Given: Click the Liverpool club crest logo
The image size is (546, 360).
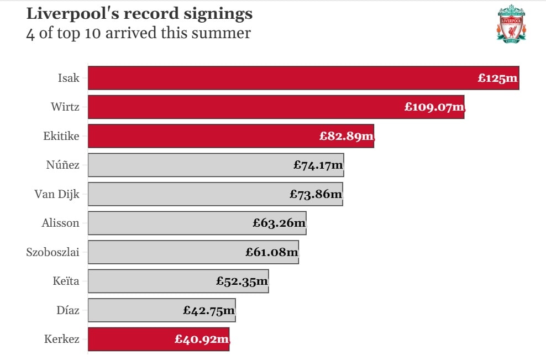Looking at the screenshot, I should pyautogui.click(x=511, y=23).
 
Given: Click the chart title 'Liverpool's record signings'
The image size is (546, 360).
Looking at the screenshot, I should pyautogui.click(x=139, y=14).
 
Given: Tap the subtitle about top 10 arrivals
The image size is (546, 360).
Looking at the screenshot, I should pyautogui.click(x=138, y=33).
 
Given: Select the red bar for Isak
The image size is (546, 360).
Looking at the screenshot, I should pyautogui.click(x=276, y=78).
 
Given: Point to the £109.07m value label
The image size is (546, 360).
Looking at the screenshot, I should pyautogui.click(x=434, y=107).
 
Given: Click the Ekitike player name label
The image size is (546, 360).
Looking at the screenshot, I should pyautogui.click(x=61, y=136).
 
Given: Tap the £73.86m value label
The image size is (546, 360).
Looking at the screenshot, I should pyautogui.click(x=316, y=194).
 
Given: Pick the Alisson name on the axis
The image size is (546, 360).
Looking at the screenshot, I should pyautogui.click(x=60, y=223).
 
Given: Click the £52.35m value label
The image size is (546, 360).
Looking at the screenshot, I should pyautogui.click(x=242, y=281).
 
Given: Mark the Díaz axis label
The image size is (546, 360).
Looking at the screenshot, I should pyautogui.click(x=68, y=310).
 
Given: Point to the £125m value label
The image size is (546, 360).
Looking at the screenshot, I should pyautogui.click(x=497, y=78).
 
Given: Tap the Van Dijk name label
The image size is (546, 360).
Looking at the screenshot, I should pyautogui.click(x=57, y=194).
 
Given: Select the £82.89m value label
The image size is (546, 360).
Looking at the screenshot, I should pyautogui.click(x=346, y=136).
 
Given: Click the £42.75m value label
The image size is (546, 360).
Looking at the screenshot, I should pyautogui.click(x=209, y=310).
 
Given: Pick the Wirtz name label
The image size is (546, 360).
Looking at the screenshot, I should pyautogui.click(x=65, y=107).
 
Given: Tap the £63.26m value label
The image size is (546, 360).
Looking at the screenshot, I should pyautogui.click(x=279, y=223).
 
